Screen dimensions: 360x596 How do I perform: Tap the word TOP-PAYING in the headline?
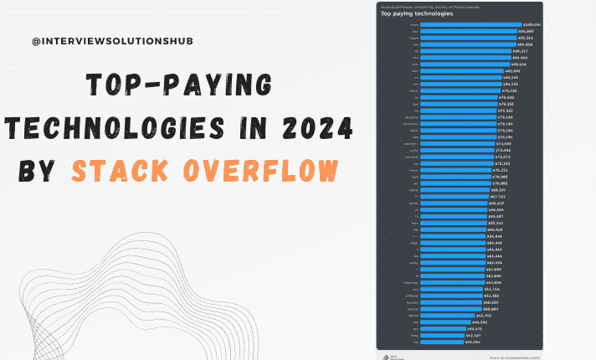[x=181, y=87]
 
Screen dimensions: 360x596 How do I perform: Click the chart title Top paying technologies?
[x=417, y=13]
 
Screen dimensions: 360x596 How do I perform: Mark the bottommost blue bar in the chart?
[x=452, y=341]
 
